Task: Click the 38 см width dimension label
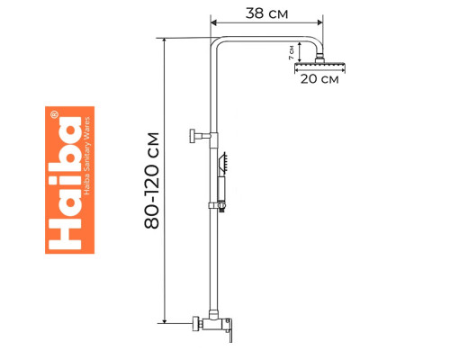click(266, 13)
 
